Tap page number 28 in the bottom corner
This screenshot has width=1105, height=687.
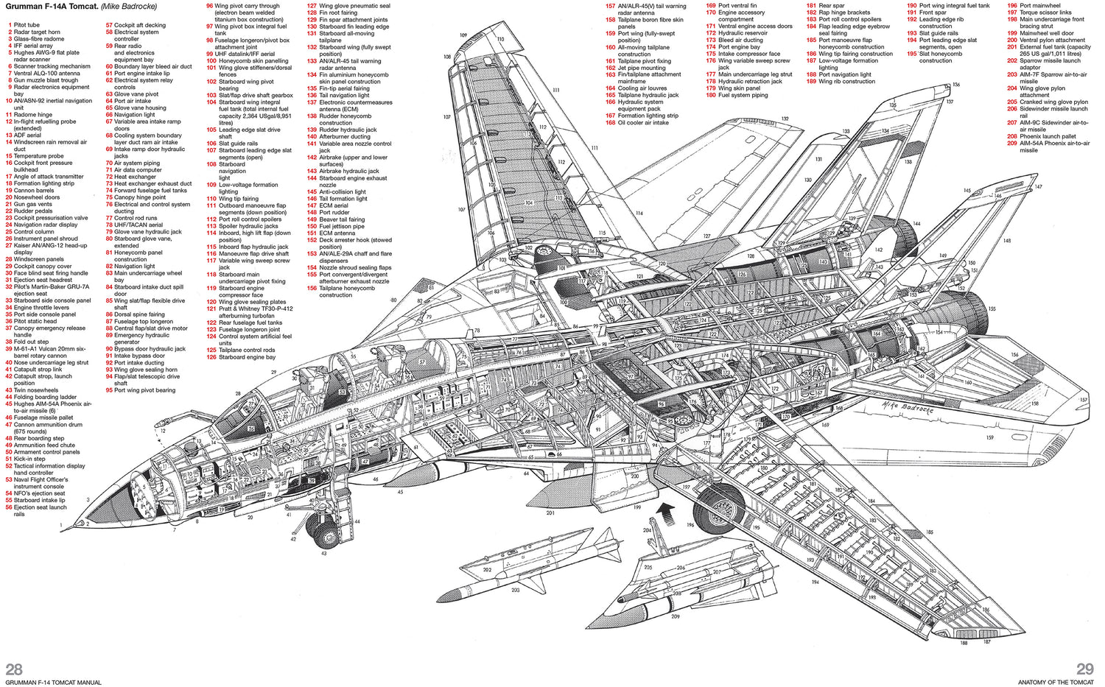pos(14,669)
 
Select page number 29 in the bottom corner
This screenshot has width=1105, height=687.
pos(1085,669)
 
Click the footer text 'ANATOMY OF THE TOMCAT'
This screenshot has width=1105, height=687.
pos(1056,683)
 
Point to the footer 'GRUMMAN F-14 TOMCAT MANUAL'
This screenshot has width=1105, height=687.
pos(53,683)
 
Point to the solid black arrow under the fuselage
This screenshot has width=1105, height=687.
pos(665,510)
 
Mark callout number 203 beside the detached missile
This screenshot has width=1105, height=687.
pos(515,590)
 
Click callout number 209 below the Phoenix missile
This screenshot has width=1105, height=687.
pos(675,616)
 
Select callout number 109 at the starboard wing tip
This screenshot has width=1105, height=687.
pos(463,35)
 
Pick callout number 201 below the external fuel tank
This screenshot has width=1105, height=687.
pos(550,512)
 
